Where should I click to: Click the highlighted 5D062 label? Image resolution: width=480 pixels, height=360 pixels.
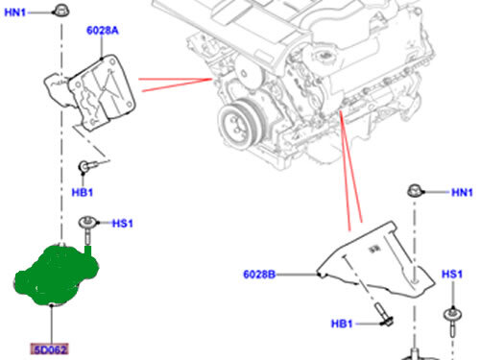[x=48, y=348]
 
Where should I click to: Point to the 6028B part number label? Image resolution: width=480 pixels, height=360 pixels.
[x=259, y=275]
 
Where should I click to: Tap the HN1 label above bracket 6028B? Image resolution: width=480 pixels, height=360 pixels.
[x=463, y=193]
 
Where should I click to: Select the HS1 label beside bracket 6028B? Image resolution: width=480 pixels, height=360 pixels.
[x=451, y=276]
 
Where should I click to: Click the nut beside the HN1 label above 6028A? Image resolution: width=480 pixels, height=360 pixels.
[x=60, y=12]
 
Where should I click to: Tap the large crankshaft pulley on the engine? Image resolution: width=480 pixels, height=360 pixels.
[x=235, y=122]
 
